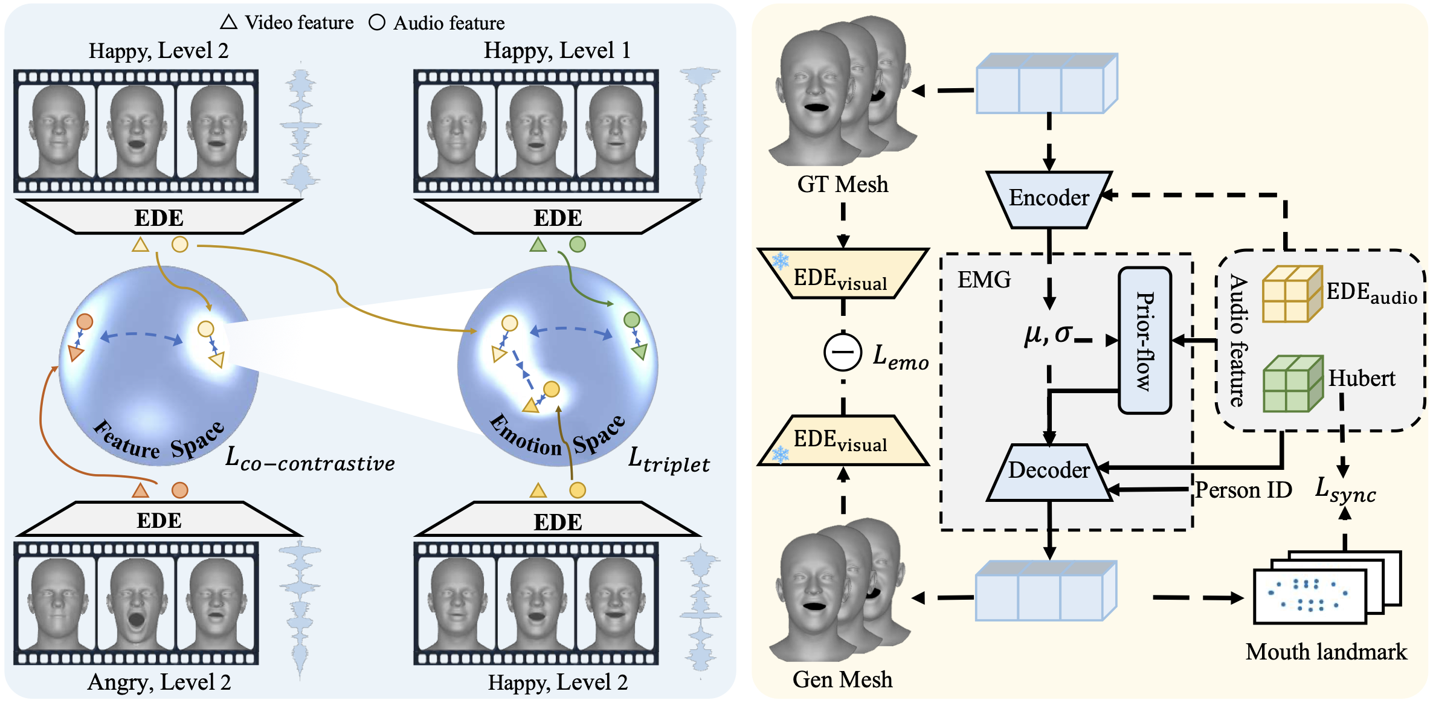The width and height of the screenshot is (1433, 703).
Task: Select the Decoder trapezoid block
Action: pyautogui.click(x=1049, y=472)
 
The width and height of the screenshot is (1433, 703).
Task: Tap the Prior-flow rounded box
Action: pyautogui.click(x=1145, y=341)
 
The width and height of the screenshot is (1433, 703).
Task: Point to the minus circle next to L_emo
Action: pyautogui.click(x=843, y=352)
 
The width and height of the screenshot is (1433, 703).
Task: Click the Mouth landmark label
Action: pyautogui.click(x=1326, y=652)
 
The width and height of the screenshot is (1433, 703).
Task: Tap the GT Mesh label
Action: pyautogui.click(x=843, y=184)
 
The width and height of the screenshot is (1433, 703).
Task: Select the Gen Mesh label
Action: pyautogui.click(x=842, y=680)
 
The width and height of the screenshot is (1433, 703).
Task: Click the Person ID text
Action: pyautogui.click(x=1243, y=490)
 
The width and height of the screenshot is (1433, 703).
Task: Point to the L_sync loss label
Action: pyautogui.click(x=1345, y=490)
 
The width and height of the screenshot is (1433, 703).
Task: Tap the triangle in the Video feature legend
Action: pyautogui.click(x=228, y=22)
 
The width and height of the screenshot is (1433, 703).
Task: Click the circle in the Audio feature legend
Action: pyautogui.click(x=377, y=23)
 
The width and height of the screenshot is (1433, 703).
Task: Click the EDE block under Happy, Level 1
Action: pyautogui.click(x=557, y=217)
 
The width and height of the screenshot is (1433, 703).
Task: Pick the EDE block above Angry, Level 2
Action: pyautogui.click(x=159, y=519)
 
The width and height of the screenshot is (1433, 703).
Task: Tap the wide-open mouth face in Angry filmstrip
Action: pyautogui.click(x=136, y=603)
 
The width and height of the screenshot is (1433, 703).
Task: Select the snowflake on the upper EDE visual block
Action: pyautogui.click(x=781, y=261)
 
